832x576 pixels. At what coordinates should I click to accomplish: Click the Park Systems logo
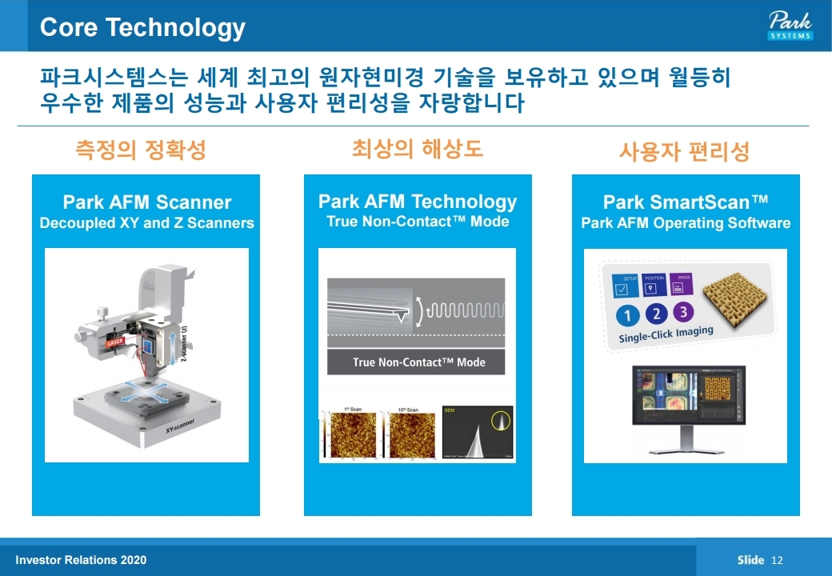pos(790,25)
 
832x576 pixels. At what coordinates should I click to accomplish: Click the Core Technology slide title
pos(142,27)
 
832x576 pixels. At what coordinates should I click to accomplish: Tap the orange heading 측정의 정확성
pos(140,150)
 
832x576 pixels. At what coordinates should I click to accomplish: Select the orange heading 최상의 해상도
pos(417,148)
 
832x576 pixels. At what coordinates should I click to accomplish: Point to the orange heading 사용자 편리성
pos(684,152)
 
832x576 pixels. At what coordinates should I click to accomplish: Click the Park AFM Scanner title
pos(146,202)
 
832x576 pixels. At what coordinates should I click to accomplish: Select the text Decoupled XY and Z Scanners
pos(146,223)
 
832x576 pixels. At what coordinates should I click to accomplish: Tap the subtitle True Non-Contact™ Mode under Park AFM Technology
pos(418,221)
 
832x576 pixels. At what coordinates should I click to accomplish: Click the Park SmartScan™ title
pos(685,202)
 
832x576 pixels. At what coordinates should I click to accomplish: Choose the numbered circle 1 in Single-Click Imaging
pos(627,314)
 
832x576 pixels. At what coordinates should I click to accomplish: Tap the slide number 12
pos(777,560)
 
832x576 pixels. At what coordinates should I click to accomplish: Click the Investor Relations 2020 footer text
pos(81,560)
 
